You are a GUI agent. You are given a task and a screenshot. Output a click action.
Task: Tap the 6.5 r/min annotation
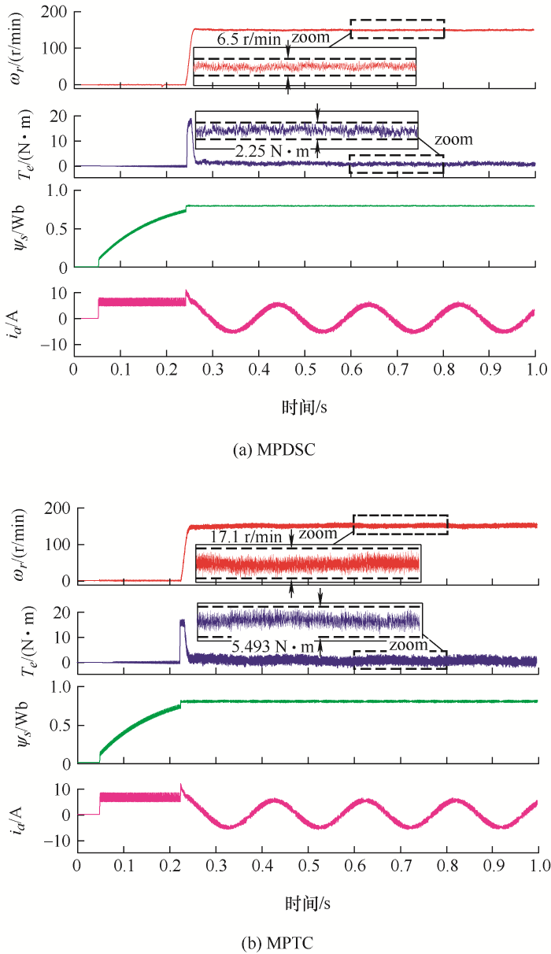[x=248, y=39]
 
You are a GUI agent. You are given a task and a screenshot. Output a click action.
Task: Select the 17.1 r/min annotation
[x=246, y=536]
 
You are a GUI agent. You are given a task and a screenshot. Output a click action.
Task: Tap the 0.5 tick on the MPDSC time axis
[x=305, y=368]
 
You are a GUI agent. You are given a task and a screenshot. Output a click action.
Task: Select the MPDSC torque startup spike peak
[x=190, y=120]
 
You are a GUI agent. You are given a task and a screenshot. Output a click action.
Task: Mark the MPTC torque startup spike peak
[x=182, y=621]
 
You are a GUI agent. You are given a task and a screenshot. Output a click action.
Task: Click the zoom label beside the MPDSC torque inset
[x=456, y=140]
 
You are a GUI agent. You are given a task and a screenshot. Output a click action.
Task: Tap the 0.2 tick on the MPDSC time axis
[x=166, y=368]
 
